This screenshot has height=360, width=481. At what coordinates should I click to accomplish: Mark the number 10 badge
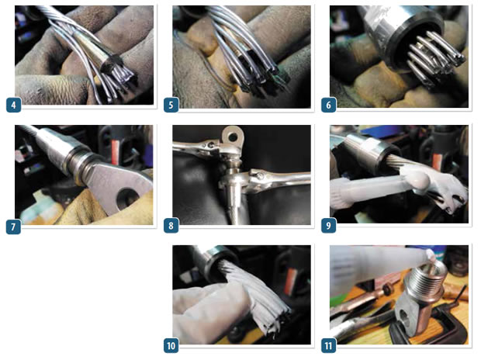coord(170,344)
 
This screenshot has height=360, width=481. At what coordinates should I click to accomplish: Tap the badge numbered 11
coord(327,344)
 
